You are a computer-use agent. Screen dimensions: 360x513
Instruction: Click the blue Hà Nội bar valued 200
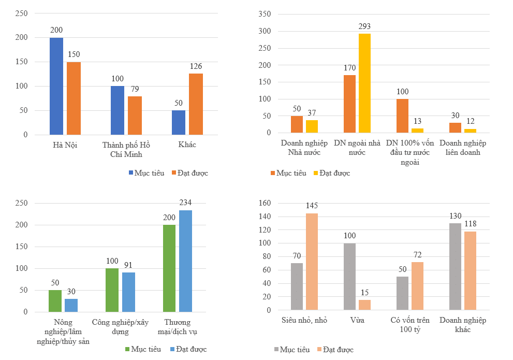(56, 86)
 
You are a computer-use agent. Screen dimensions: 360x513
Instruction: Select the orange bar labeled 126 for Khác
(196, 104)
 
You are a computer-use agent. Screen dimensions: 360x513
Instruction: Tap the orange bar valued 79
(135, 115)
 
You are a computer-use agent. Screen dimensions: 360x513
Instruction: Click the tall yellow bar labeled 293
(364, 83)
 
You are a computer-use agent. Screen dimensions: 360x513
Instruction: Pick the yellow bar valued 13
(417, 130)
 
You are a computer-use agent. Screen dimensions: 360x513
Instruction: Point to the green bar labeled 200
(169, 268)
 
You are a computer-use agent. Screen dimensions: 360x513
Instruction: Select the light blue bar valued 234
(185, 261)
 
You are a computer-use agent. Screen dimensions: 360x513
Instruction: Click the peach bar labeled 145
(312, 262)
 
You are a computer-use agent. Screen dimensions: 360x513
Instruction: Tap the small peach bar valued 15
(364, 305)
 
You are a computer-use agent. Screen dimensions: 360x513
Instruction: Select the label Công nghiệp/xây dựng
(120, 326)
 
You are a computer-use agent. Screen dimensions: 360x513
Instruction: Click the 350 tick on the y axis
(265, 15)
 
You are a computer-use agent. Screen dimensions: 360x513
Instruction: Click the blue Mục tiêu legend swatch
(131, 173)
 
